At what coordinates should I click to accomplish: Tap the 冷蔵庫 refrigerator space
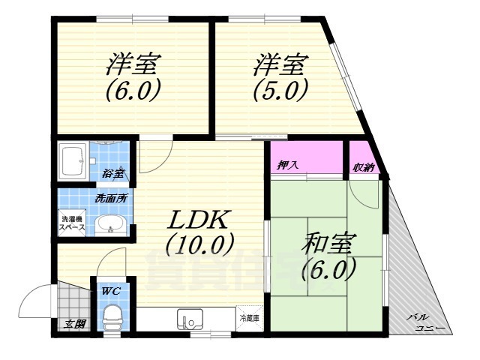pos(249,318)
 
